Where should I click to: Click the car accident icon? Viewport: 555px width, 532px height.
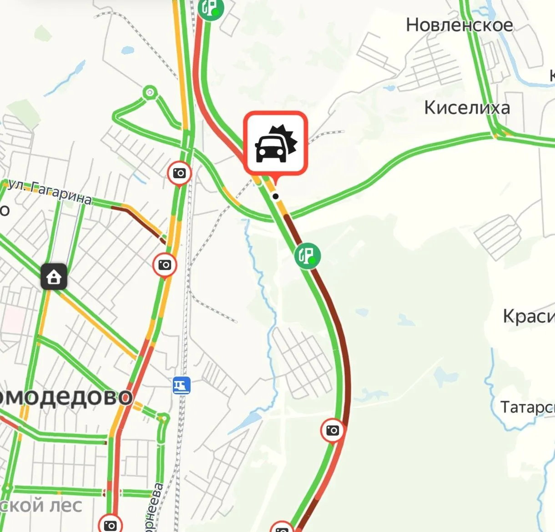coord(276,143)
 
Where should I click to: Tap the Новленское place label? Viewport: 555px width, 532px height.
coord(459,25)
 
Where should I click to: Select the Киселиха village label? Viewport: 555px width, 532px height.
coord(467,108)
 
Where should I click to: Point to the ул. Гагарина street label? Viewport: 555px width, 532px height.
coord(50,191)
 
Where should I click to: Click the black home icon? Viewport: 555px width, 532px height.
coord(54,276)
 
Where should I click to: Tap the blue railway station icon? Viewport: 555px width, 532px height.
coord(182,386)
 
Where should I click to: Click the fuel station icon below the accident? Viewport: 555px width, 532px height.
coord(308,256)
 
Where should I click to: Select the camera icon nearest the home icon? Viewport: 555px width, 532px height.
coord(165,265)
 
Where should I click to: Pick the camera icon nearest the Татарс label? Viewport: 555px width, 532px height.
coord(333,430)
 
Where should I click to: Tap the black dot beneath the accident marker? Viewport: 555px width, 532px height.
coord(275,196)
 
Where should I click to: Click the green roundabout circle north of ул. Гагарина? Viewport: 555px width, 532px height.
coord(150,93)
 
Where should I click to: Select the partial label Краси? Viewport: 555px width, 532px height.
coord(528,316)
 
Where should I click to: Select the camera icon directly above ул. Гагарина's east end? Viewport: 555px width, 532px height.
coord(180,173)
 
